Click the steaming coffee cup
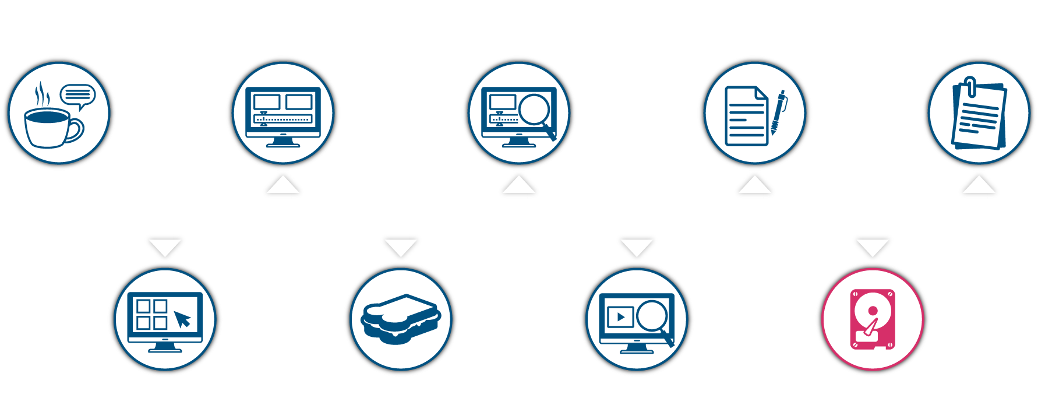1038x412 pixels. click(x=47, y=126)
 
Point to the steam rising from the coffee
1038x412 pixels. click(x=41, y=93)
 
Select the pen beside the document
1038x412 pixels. click(x=778, y=112)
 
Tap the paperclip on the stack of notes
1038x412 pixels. click(x=970, y=86)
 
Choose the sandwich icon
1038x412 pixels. click(x=401, y=319)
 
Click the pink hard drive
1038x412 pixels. click(x=872, y=319)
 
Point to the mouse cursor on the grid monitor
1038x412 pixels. click(x=182, y=319)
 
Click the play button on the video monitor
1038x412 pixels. click(x=620, y=317)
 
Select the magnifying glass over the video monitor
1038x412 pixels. click(x=654, y=318)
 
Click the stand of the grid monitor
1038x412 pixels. click(x=165, y=348)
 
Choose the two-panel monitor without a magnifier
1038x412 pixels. click(x=283, y=114)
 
